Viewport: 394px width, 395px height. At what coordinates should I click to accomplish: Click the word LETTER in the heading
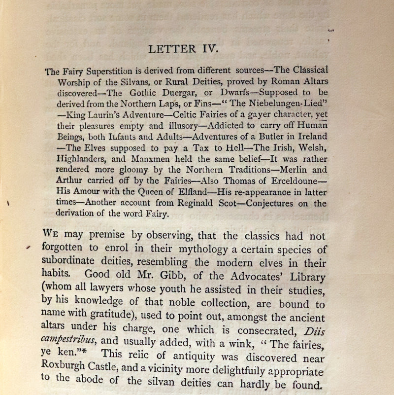click(169, 49)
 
